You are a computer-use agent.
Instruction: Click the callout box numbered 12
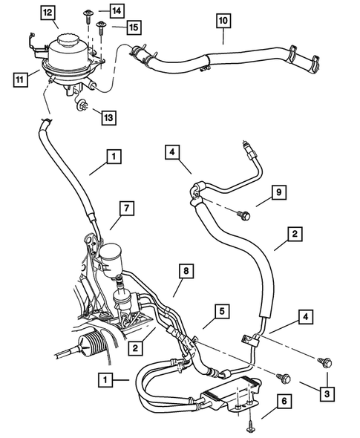point(48,12)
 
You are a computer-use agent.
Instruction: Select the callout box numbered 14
point(117,10)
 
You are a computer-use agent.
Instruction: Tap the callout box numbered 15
point(133,27)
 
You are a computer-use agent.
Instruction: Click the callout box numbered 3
point(324,392)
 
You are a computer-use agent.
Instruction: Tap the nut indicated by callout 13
point(83,111)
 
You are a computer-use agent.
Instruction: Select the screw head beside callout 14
point(90,12)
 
